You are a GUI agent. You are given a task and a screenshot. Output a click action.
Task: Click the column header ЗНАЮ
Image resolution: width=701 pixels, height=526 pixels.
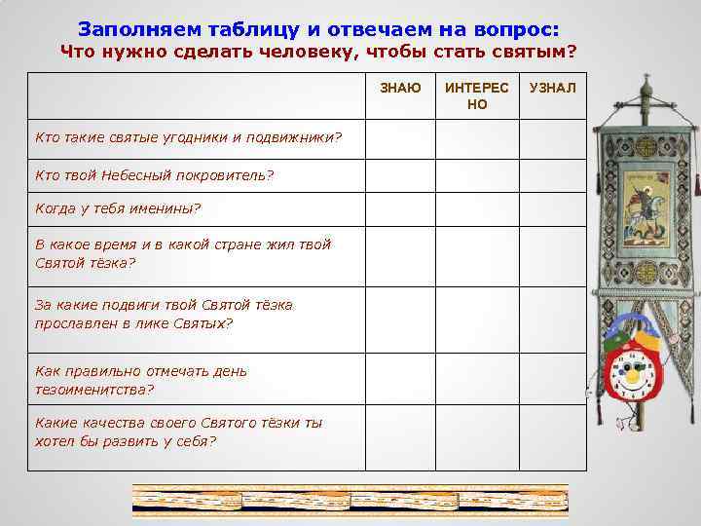point(400,89)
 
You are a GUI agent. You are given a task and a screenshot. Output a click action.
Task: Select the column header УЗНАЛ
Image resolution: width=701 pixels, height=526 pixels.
point(552,89)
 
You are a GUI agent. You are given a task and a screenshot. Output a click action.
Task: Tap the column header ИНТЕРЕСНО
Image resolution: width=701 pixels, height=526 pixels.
point(476,95)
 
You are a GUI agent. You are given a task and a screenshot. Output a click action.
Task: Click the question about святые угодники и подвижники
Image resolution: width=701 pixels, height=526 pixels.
point(188,137)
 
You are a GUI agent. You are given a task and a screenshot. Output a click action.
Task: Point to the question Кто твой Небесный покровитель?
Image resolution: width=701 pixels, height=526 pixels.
point(154,175)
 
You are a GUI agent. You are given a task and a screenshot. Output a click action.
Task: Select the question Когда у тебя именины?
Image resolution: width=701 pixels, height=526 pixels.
point(117,208)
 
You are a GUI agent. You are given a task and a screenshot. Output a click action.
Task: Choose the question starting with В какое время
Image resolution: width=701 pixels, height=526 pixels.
point(182,253)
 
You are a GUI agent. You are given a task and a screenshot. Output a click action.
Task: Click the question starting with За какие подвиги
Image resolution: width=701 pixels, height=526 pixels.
point(164,314)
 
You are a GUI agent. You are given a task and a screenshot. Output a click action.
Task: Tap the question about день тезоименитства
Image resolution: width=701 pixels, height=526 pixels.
point(140,380)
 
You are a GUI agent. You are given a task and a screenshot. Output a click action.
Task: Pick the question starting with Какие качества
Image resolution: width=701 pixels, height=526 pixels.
point(178,432)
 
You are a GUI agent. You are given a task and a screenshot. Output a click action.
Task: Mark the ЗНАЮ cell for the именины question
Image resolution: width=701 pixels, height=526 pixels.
point(399,208)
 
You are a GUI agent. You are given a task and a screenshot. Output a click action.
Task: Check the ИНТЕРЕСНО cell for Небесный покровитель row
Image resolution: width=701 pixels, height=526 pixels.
point(476,175)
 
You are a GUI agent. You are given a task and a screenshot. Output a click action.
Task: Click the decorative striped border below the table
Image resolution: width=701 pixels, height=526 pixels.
point(350,500)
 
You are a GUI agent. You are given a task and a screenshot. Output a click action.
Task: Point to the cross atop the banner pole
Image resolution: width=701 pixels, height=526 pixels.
point(643,87)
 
